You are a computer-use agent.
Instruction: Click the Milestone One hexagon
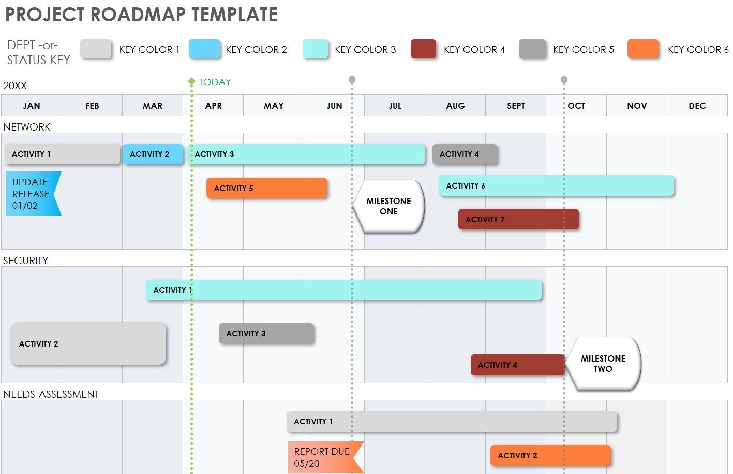[388, 206]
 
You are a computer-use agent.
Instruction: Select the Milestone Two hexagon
[603, 364]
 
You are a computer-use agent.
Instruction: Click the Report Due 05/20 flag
[323, 457]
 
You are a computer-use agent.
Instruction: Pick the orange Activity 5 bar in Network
[266, 188]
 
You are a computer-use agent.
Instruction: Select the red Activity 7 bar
[518, 219]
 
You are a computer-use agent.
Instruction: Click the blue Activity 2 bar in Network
[153, 154]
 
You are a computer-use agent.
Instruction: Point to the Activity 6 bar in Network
[556, 185]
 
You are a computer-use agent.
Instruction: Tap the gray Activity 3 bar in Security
[266, 334]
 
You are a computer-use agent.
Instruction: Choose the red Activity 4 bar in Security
[517, 365]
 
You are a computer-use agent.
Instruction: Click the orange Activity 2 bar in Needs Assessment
[550, 456]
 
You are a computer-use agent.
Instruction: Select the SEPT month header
[516, 106]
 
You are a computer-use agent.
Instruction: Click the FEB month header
[92, 106]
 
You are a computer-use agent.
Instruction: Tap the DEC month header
[697, 106]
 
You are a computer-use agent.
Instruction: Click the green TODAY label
[215, 82]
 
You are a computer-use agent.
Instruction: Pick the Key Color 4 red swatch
[423, 49]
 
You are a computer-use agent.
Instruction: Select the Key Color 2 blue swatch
[204, 49]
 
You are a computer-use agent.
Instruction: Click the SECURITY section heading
[26, 261]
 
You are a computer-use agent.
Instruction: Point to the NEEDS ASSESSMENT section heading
[51, 394]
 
